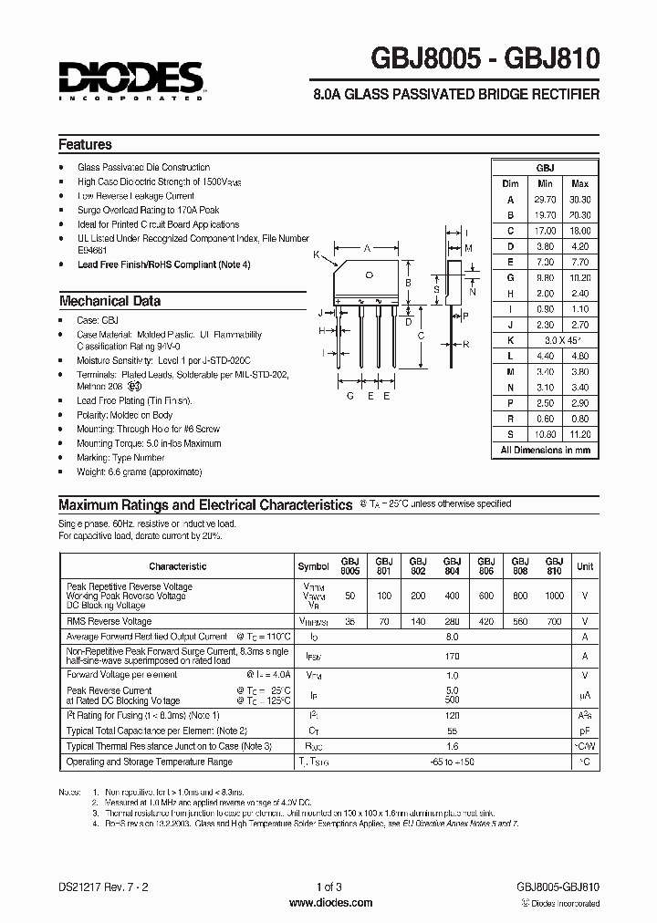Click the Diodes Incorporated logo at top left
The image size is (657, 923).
click(130, 78)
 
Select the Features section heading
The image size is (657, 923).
click(85, 144)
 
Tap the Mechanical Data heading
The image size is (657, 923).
click(109, 301)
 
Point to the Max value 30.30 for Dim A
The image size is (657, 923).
click(579, 200)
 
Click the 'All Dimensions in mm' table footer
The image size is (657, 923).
click(545, 450)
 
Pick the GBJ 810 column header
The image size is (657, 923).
click(554, 565)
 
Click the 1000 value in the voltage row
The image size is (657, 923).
click(554, 596)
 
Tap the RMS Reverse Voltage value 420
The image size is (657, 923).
click(485, 620)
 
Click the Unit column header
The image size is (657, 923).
click(584, 566)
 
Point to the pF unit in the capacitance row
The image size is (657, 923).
click(584, 731)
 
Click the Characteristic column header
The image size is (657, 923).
click(178, 566)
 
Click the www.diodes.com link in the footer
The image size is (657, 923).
click(329, 903)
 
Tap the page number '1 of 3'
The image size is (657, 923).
click(329, 887)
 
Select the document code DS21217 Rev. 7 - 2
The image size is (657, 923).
click(101, 887)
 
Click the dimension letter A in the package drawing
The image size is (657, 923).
click(367, 248)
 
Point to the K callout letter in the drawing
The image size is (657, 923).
click(316, 255)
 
